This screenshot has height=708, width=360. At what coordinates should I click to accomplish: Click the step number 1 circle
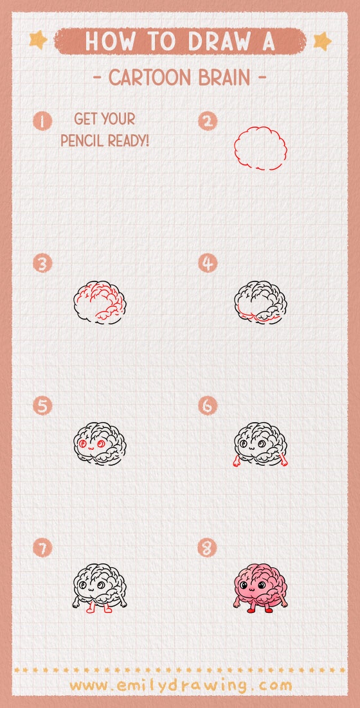pos(43,120)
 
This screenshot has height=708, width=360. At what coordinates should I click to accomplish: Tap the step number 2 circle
pos(208,120)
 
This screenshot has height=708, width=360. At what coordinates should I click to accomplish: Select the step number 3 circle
pos(43,263)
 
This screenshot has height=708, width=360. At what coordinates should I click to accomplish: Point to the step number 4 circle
pos(208,263)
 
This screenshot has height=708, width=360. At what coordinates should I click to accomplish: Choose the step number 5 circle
pos(43,406)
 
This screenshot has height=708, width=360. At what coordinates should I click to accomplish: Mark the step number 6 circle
pos(208,406)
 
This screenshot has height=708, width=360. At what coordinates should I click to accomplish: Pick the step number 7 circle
pos(43,548)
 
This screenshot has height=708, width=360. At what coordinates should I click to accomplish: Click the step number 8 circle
pos(208,548)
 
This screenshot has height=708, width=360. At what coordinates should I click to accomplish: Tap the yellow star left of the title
pos(38,40)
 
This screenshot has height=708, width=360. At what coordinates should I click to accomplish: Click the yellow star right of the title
pos(321,41)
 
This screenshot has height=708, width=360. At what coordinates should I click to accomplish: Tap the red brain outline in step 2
pos(260,148)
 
